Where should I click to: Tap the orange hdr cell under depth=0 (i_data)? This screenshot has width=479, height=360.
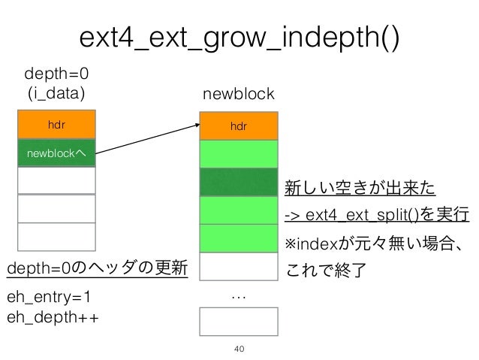point(56,125)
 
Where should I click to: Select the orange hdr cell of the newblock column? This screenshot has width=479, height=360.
point(238,126)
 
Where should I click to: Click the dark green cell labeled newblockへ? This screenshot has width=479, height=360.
point(56,153)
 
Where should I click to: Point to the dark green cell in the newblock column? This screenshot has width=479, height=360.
point(238,182)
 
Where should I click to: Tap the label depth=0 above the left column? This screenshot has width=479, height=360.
point(56,76)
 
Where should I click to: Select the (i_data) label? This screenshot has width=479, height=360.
point(56,94)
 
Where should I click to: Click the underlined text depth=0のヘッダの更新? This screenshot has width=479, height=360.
point(97,269)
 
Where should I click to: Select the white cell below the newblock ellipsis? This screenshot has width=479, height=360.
point(238,321)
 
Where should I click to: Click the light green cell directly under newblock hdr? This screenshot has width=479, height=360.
point(238,154)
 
